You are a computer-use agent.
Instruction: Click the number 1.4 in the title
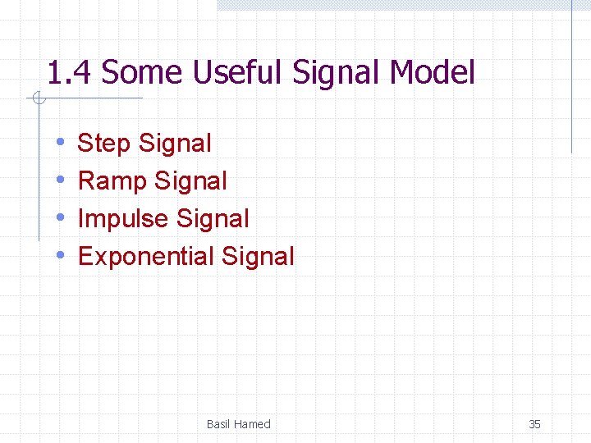[70, 73]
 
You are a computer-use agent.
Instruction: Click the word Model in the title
[432, 73]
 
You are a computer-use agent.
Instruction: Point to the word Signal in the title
[336, 73]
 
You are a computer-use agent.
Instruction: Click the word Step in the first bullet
[104, 144]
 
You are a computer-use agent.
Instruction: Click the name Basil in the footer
[218, 424]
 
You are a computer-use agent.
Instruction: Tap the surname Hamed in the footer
[252, 424]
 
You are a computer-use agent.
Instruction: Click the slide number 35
[534, 424]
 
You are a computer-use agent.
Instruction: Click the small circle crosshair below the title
[37, 99]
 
